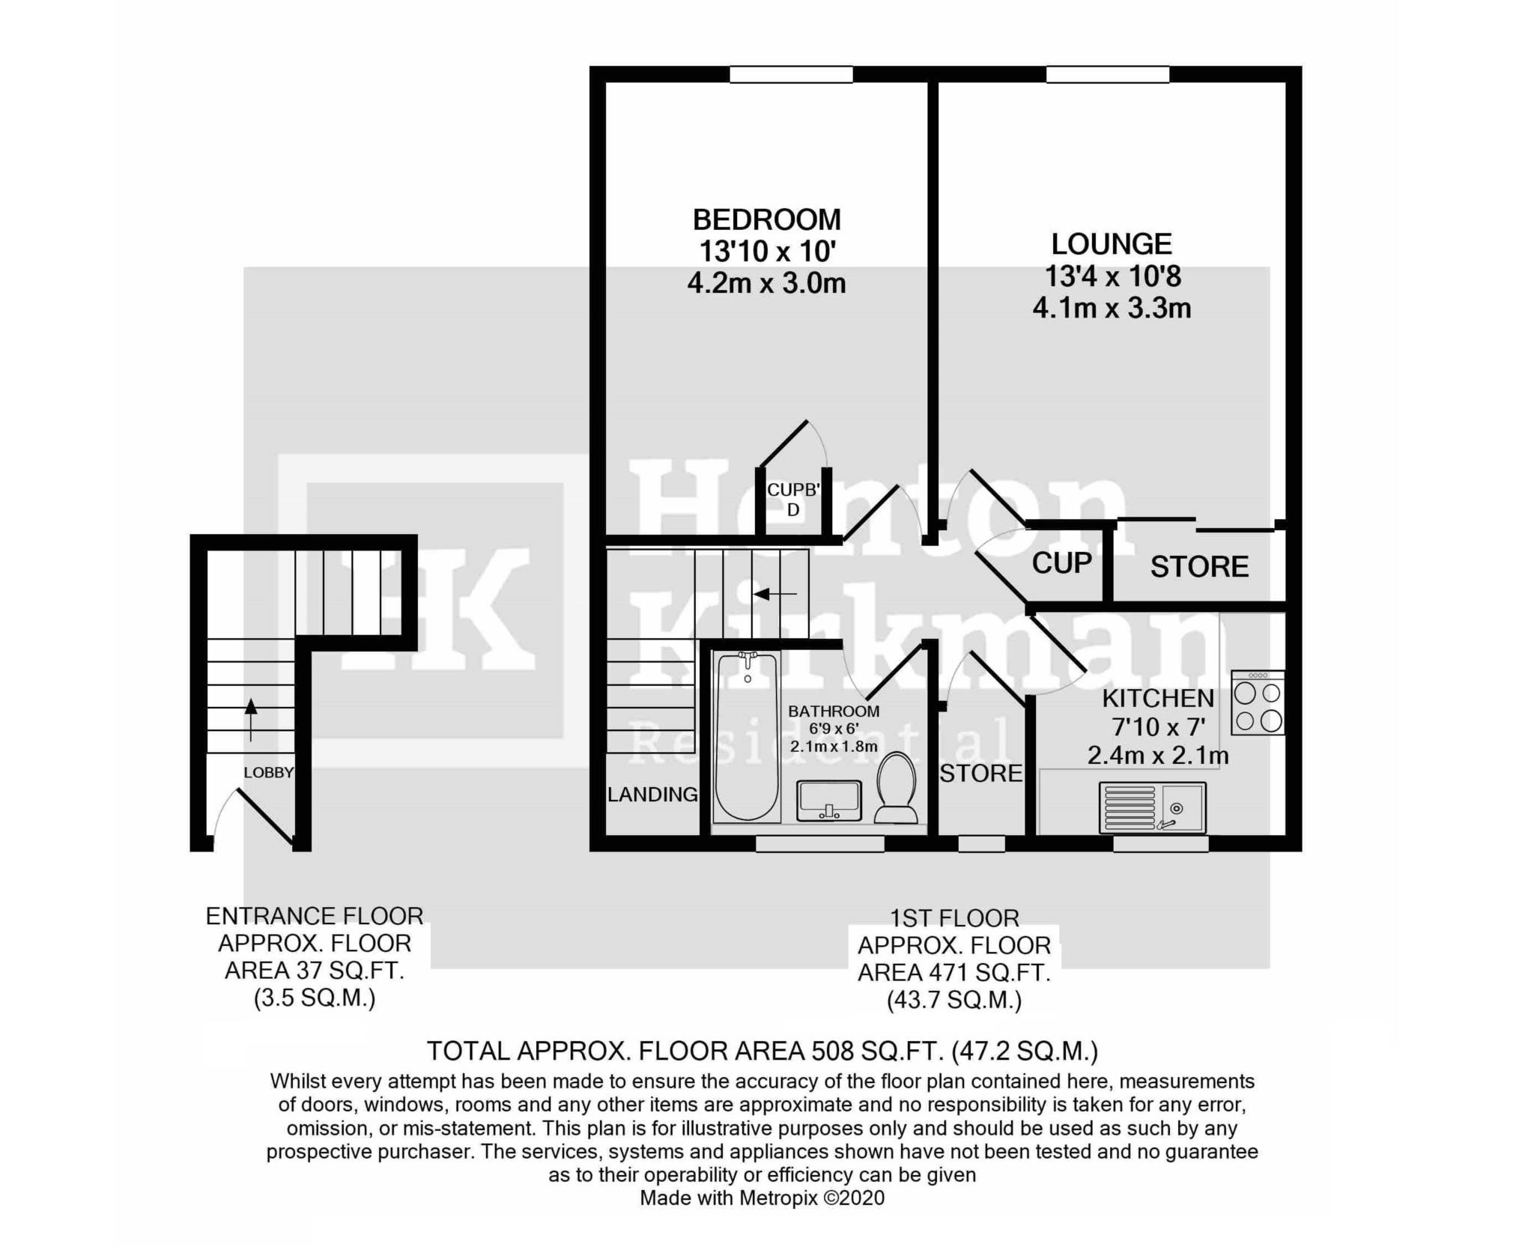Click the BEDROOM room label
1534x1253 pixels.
coord(766,220)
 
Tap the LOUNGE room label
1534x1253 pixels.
coord(1112,244)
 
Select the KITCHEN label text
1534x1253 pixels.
coord(1157,699)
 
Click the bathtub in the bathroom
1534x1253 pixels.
coord(747,737)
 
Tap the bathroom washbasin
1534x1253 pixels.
coord(829,800)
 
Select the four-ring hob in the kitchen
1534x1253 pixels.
coord(1258,703)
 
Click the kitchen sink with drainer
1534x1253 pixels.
coord(1152,807)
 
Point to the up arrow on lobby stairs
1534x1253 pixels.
coord(251,720)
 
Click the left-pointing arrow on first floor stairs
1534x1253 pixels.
coord(775,594)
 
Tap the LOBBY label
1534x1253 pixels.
coord(268,773)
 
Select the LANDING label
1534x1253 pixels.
coord(652,795)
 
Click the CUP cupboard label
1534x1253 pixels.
coord(1062,563)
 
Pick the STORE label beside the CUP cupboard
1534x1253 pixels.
coord(1199,567)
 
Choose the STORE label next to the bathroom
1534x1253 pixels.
coord(981,773)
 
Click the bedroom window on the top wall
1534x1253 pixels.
coord(791,74)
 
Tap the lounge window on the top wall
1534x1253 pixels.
coord(1107,74)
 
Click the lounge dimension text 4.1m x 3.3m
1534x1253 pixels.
coord(1112,309)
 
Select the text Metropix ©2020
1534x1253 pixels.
coord(812,1198)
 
